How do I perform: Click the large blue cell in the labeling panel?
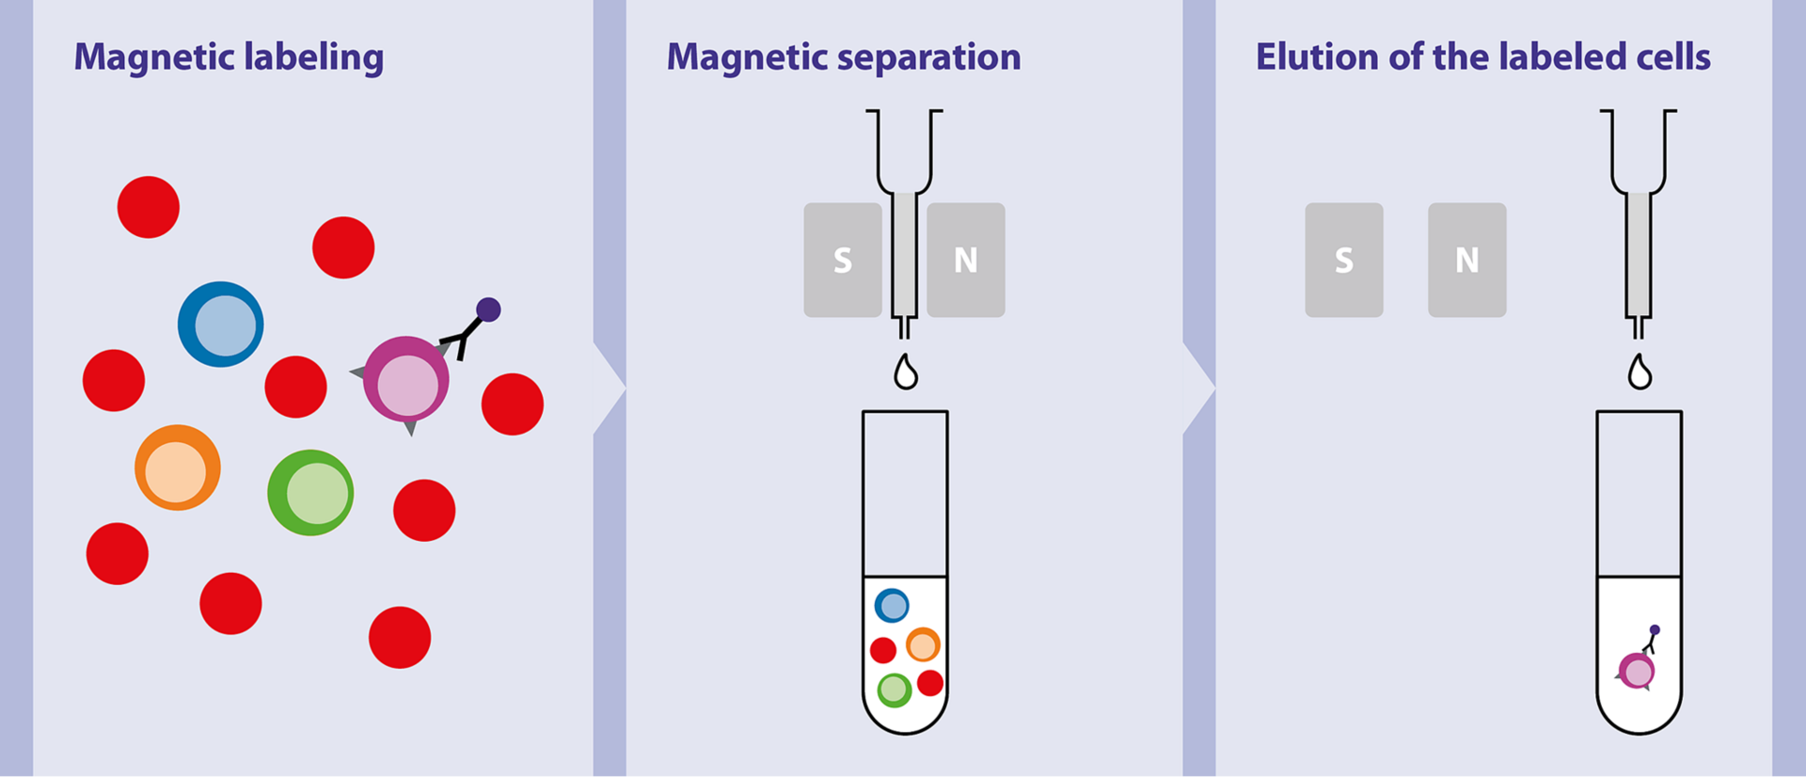(x=221, y=325)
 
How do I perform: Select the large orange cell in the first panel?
(x=178, y=468)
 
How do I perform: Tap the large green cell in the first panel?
(x=310, y=493)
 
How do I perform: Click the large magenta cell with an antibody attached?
(x=406, y=380)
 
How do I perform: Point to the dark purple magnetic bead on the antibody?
(x=488, y=309)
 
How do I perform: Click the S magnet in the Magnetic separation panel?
(x=843, y=260)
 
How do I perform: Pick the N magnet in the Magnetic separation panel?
(x=966, y=260)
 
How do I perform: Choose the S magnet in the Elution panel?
(x=1344, y=260)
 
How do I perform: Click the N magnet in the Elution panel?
(x=1467, y=260)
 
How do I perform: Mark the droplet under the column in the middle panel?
(x=906, y=373)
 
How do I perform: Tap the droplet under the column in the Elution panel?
(x=1640, y=373)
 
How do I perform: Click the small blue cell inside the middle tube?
(x=892, y=606)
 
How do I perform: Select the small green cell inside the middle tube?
(x=895, y=690)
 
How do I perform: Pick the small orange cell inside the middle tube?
(x=923, y=645)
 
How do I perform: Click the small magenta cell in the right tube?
(x=1637, y=672)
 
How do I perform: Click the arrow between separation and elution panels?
(x=1199, y=387)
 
